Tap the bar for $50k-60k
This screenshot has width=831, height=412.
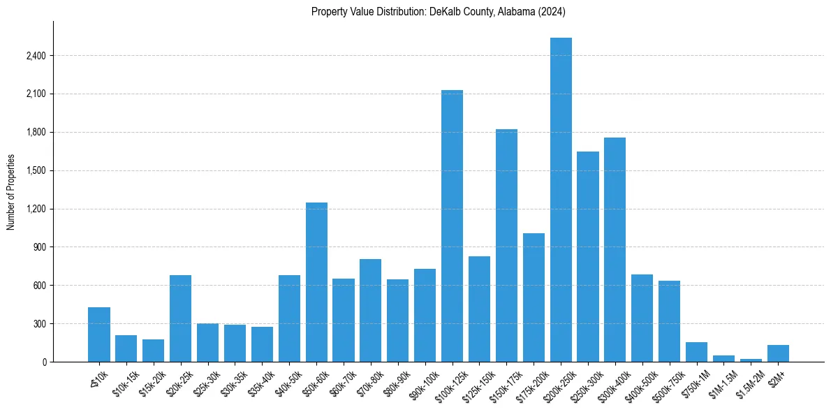[x=316, y=282]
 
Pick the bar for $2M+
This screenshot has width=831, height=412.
[x=778, y=353]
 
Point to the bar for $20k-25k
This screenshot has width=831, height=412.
[x=180, y=318]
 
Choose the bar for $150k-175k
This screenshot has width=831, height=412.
[x=506, y=245]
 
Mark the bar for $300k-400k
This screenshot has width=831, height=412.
[x=615, y=249]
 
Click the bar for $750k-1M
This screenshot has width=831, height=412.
[x=696, y=352]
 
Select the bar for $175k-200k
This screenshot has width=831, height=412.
[x=534, y=297]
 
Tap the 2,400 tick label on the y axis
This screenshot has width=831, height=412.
[x=36, y=56]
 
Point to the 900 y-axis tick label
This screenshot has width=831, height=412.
[x=39, y=247]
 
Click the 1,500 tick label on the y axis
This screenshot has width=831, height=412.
[x=36, y=170]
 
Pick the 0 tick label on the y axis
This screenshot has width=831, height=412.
[x=43, y=362]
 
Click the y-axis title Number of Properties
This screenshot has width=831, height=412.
[x=11, y=192]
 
